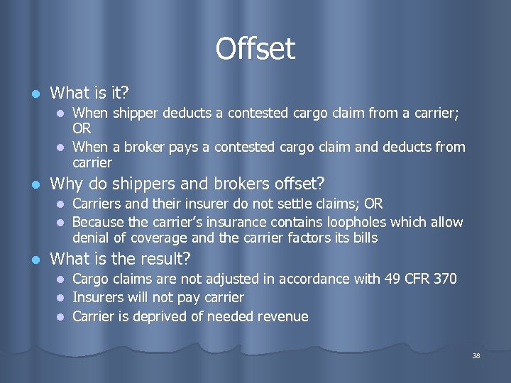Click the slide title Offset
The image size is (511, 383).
tap(255, 49)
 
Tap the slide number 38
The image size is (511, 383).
tap(476, 355)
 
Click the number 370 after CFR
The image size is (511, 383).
tap(444, 279)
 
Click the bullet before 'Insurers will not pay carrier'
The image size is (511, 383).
tap(61, 298)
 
